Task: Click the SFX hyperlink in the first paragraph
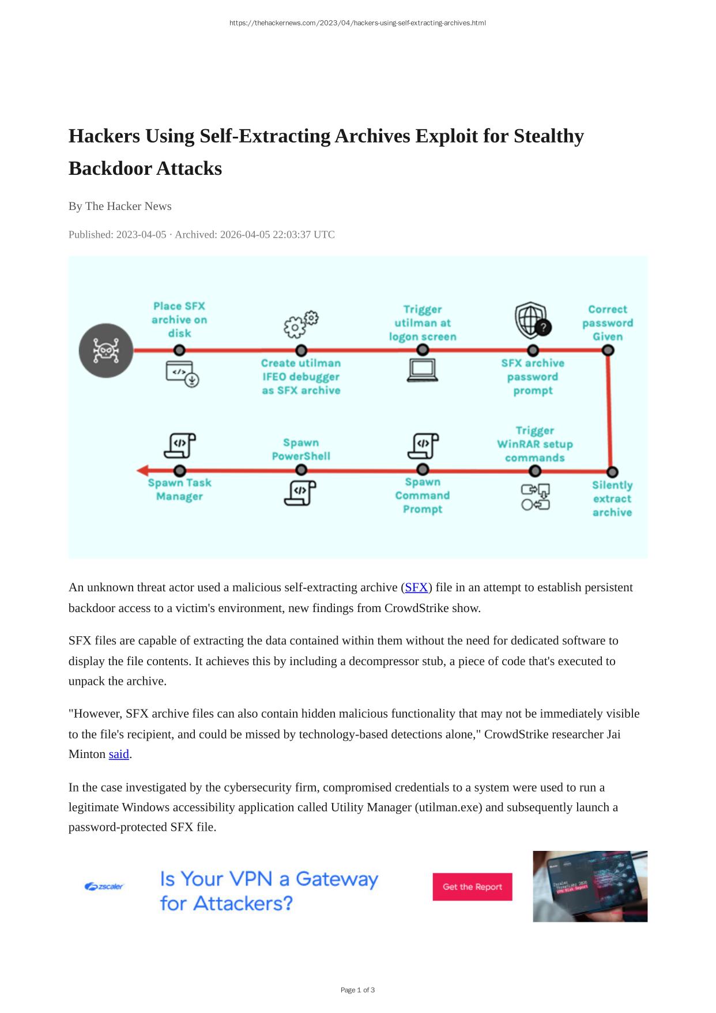[x=416, y=587]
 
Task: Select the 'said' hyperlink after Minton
[x=119, y=754]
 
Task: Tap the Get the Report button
[x=472, y=887]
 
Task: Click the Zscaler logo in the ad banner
[x=104, y=886]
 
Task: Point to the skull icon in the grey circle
[x=106, y=350]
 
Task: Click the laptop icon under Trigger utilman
[x=423, y=370]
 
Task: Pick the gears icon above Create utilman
[x=301, y=324]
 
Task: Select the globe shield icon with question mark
[x=532, y=321]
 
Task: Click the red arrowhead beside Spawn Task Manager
[x=143, y=470]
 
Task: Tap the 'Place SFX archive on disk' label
[x=179, y=320]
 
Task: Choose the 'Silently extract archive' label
[x=612, y=499]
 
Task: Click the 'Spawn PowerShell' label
[x=301, y=449]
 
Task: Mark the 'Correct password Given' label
[x=608, y=323]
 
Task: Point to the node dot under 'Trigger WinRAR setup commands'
[x=535, y=471]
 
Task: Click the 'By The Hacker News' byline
[x=120, y=207]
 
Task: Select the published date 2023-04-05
[x=141, y=235]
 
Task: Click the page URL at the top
[x=357, y=23]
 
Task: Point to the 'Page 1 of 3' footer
[x=357, y=990]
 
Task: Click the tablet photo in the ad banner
[x=590, y=886]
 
